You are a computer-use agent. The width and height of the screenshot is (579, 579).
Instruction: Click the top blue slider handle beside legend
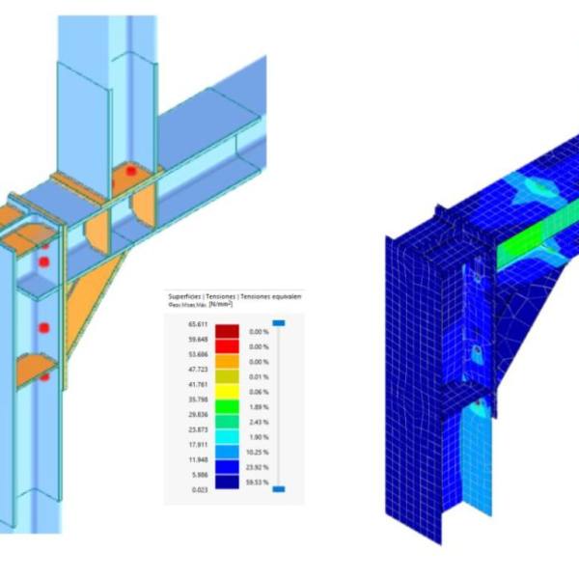(x=278, y=323)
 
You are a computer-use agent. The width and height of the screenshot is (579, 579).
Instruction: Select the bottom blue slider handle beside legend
(x=278, y=490)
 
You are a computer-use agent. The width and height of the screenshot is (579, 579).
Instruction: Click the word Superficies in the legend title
(x=186, y=296)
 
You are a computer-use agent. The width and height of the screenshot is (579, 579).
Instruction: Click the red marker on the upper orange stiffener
(x=127, y=172)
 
